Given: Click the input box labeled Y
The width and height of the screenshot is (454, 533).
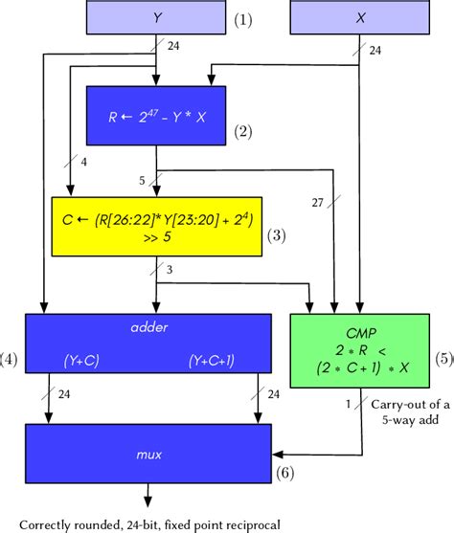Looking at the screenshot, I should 157,16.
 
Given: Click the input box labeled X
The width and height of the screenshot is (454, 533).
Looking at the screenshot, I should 359,16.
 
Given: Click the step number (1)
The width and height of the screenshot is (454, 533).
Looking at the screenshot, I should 245,17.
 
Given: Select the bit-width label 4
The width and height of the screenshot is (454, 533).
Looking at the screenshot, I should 85,164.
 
